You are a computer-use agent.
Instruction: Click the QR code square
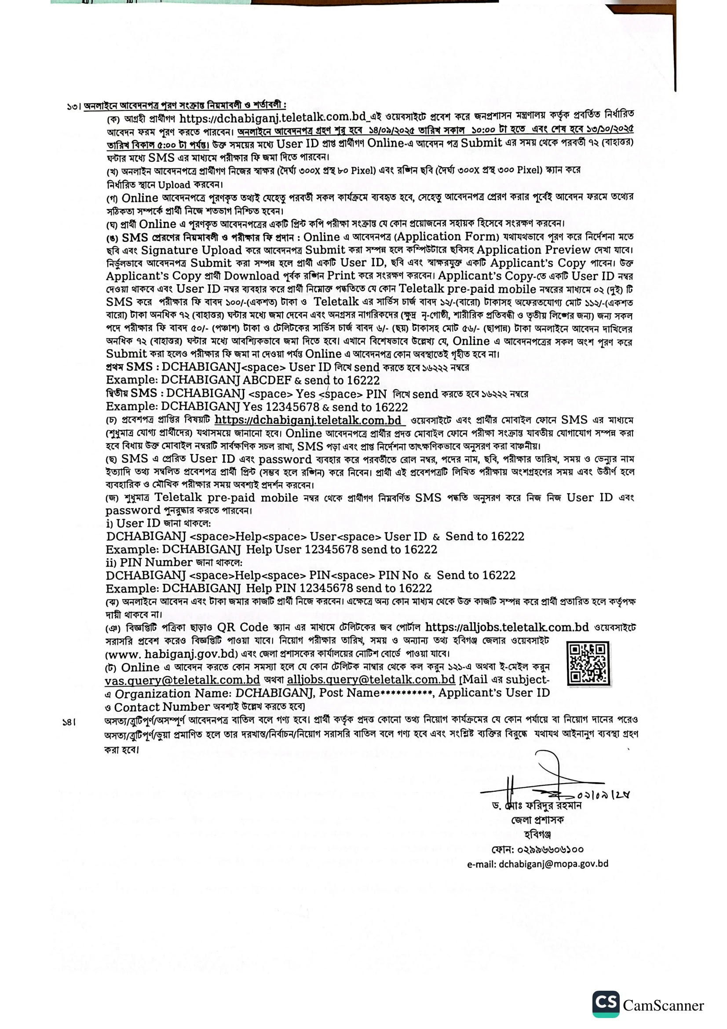588,663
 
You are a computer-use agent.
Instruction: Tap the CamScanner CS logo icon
606,1004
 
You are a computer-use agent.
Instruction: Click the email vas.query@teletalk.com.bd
183,680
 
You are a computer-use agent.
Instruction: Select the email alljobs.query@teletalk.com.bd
371,679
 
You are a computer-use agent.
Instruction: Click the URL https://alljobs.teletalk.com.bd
507,627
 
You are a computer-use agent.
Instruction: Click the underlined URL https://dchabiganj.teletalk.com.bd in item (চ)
308,421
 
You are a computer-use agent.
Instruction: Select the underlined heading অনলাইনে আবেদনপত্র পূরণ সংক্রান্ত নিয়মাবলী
185,106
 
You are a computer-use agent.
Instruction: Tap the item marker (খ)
112,172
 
